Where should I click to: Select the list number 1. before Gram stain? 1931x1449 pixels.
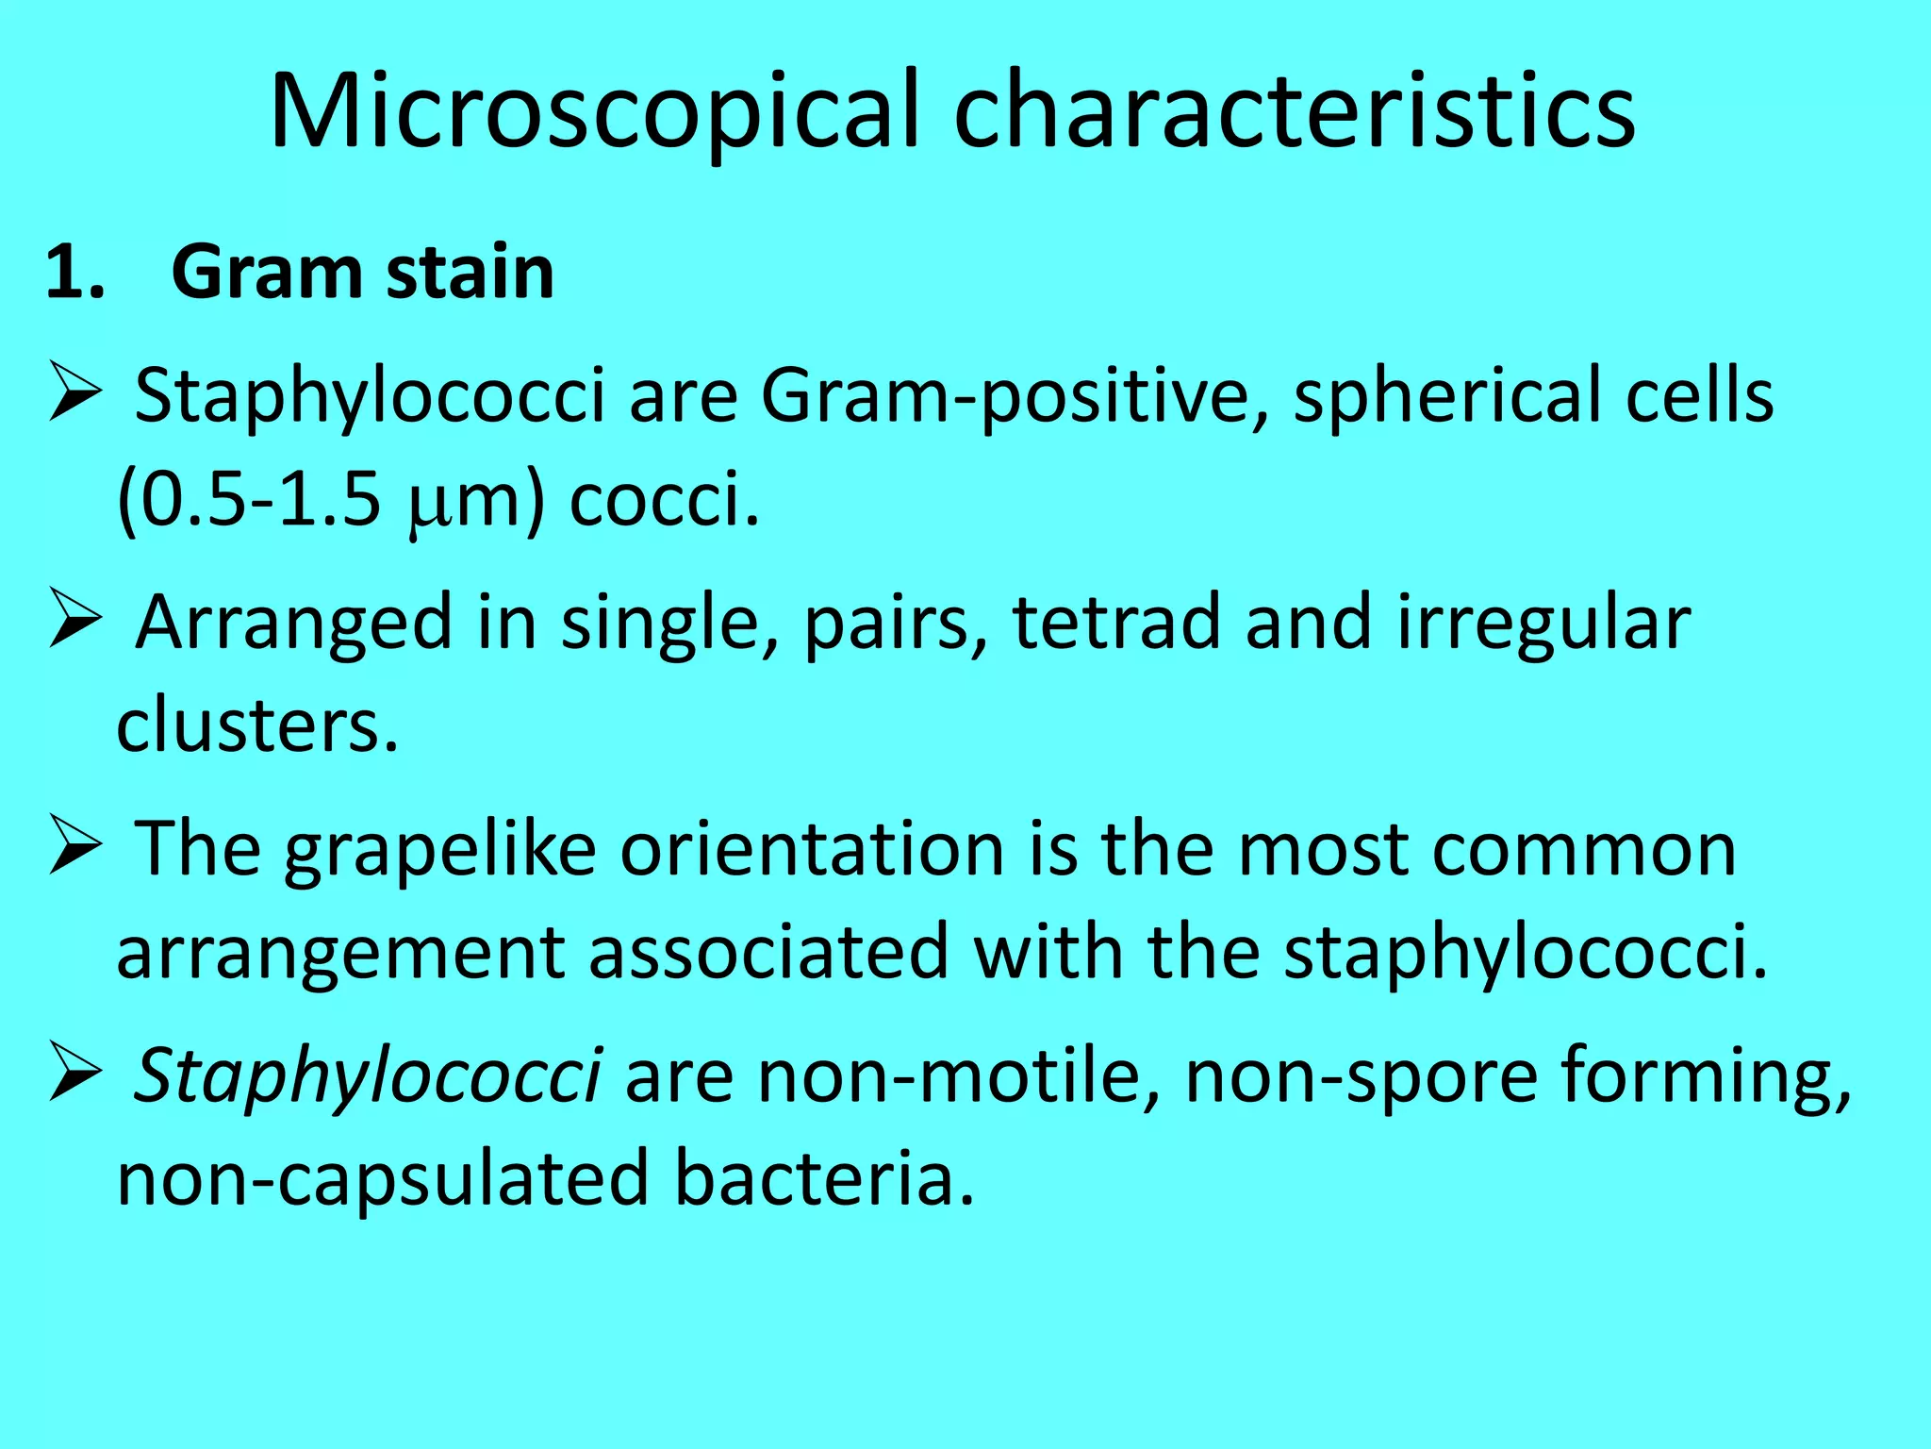pyautogui.click(x=75, y=274)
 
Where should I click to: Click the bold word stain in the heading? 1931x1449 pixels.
pyautogui.click(x=470, y=274)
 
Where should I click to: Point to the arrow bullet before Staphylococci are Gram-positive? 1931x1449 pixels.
pyautogui.click(x=74, y=394)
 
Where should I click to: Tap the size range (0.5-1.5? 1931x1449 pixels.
pyautogui.click(x=249, y=500)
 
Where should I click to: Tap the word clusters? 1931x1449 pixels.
pyautogui.click(x=256, y=726)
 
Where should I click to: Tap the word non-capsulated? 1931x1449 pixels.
pyautogui.click(x=383, y=1179)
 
